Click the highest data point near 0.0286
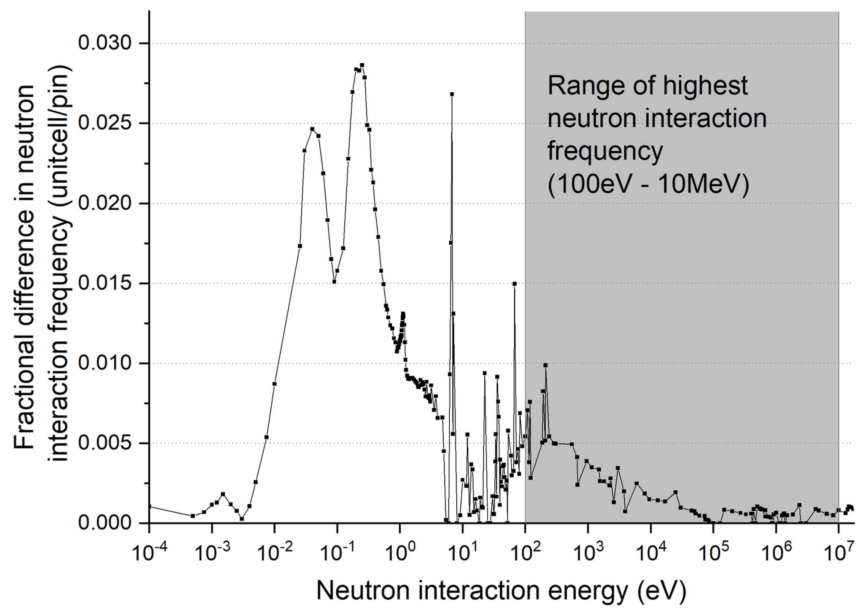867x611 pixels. click(362, 65)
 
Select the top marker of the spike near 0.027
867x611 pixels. click(452, 94)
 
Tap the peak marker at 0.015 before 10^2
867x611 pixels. click(514, 284)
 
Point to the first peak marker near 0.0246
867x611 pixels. click(312, 129)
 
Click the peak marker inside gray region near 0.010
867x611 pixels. click(545, 365)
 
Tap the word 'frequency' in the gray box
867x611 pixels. click(605, 151)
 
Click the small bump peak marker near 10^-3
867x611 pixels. click(223, 494)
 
